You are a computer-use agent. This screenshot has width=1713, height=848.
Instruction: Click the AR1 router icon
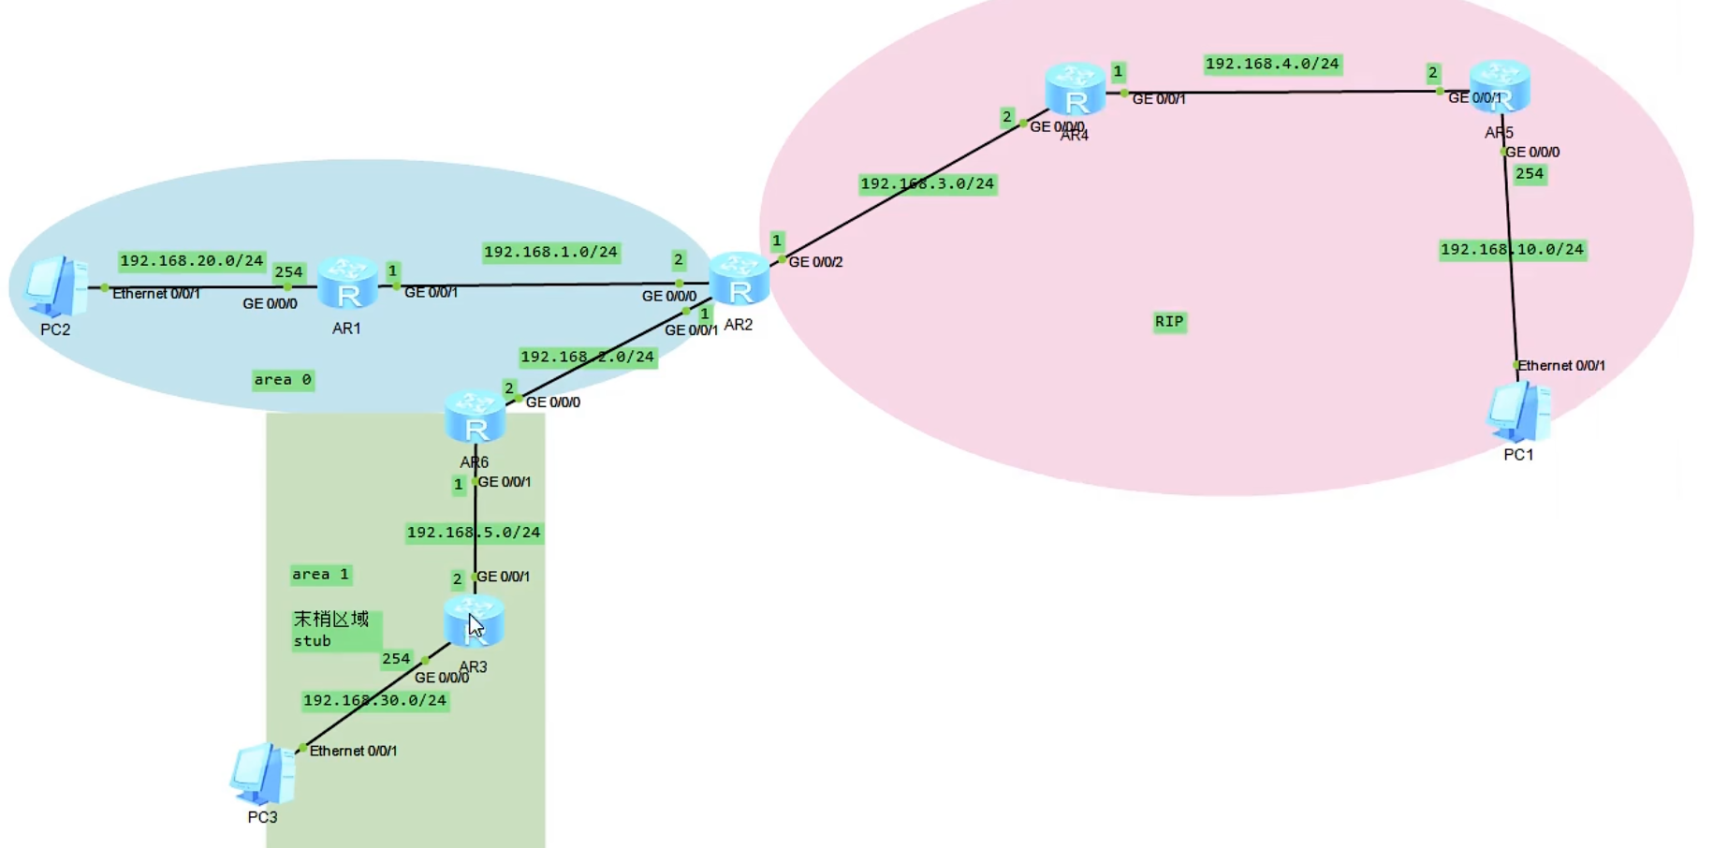pyautogui.click(x=347, y=284)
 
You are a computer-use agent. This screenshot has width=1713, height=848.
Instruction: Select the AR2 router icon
pyautogui.click(x=739, y=279)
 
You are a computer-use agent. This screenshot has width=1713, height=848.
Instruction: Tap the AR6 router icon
pyautogui.click(x=476, y=417)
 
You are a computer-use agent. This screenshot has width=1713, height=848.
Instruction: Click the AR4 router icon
pyautogui.click(x=1076, y=90)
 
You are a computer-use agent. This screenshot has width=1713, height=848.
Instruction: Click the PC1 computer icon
pyautogui.click(x=1518, y=412)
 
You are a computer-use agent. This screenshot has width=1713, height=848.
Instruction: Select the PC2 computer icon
pyautogui.click(x=56, y=286)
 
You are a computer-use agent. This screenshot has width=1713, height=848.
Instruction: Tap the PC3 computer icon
pyautogui.click(x=263, y=774)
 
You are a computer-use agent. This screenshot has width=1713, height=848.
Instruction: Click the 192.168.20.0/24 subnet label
pyautogui.click(x=192, y=261)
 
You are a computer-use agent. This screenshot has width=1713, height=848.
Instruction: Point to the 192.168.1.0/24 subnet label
pyautogui.click(x=550, y=253)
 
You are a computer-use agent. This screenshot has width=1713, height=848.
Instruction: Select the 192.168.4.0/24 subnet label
pyautogui.click(x=1272, y=65)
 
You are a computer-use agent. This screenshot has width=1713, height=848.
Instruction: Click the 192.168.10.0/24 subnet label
pyautogui.click(x=1512, y=250)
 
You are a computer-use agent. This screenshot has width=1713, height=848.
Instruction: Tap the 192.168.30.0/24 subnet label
pyautogui.click(x=374, y=701)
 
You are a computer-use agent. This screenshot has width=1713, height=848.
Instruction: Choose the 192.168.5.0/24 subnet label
pyautogui.click(x=474, y=533)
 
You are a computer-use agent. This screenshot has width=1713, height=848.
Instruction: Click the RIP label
pyautogui.click(x=1169, y=322)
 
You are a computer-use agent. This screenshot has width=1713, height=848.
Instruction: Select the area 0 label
pyautogui.click(x=283, y=380)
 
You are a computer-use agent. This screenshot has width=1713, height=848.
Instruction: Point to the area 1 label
pyautogui.click(x=320, y=575)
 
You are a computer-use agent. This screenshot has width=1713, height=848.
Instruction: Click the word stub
pyautogui.click(x=313, y=641)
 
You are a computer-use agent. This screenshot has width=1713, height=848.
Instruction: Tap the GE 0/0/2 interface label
pyautogui.click(x=815, y=262)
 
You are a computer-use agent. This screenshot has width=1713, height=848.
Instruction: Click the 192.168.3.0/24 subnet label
pyautogui.click(x=927, y=184)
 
